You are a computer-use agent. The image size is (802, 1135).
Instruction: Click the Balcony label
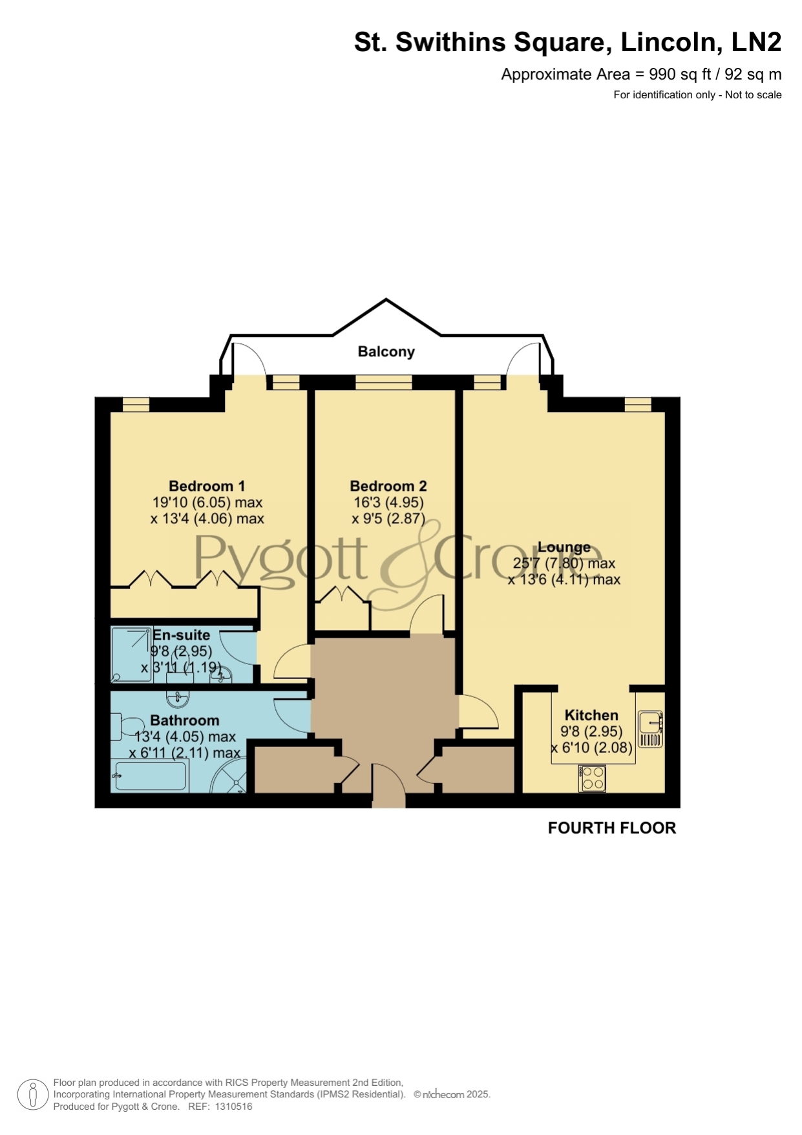pos(386,352)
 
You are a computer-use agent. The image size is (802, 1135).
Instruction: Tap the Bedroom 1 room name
pos(207,486)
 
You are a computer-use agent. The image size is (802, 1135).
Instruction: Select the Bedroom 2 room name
pos(388,486)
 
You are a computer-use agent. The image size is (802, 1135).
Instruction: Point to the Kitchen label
pos(591,715)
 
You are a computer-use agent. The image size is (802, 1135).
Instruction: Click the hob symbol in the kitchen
pos(593,778)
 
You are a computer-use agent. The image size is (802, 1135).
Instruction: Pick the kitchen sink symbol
pos(651,730)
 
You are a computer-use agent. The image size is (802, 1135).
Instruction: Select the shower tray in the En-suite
pos(132,654)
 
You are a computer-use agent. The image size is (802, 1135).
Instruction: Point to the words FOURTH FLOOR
pos(612,828)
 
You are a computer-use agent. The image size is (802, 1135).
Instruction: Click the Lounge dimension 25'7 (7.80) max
pos(564,563)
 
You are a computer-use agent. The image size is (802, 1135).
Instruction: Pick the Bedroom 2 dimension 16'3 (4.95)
pos(388,503)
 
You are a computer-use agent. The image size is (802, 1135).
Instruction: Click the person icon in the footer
pos(32,1095)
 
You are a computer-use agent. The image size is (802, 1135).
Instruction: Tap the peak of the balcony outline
pos(386,299)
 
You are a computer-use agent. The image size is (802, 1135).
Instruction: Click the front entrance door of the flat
pos(389,786)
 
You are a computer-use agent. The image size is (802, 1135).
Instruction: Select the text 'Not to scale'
pos(754,95)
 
